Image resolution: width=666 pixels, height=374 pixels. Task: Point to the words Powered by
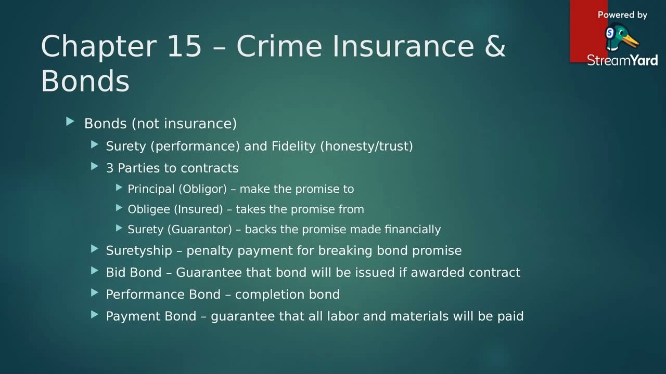pos(622,15)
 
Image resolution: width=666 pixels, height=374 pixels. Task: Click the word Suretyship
pos(139,251)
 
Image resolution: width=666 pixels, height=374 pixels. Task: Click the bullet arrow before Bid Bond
pos(95,271)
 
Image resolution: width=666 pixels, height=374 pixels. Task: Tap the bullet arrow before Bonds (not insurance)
pos(71,122)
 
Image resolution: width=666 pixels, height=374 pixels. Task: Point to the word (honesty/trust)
pos(366,146)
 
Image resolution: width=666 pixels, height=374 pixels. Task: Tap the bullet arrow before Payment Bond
pos(95,314)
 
